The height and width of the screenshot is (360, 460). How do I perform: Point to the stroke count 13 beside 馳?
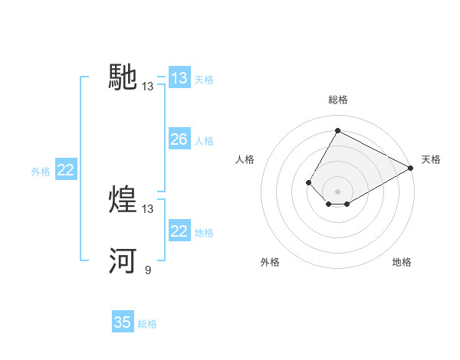tap(147, 87)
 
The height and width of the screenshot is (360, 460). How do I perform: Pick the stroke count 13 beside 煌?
tap(147, 208)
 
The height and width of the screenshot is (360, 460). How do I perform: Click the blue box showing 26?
tap(179, 139)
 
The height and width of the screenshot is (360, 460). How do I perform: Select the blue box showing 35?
tap(123, 322)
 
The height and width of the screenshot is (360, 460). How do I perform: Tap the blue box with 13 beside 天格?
tap(179, 78)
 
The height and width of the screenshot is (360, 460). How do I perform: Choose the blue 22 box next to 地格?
tap(179, 231)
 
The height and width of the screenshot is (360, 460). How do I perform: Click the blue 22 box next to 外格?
tap(66, 170)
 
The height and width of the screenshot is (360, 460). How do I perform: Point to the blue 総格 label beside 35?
tap(147, 324)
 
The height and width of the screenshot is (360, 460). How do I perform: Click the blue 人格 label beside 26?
tap(204, 141)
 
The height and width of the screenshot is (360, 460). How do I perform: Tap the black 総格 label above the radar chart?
tap(337, 100)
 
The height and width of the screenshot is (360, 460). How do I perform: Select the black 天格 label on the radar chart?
tap(431, 159)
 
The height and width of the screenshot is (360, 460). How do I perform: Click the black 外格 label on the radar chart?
tap(270, 262)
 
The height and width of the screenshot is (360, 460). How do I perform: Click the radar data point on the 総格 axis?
tap(337, 130)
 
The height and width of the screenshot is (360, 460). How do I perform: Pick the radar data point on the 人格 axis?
tap(308, 182)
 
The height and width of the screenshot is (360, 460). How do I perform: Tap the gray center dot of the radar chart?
tap(337, 191)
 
